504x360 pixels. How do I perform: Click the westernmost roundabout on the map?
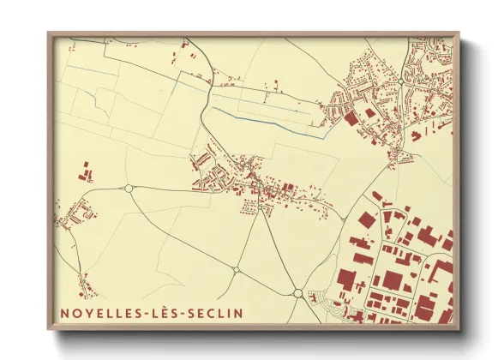pyautogui.click(x=129, y=189)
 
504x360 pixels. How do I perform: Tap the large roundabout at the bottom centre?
pyautogui.click(x=297, y=293)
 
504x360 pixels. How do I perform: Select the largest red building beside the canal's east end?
pyautogui.click(x=351, y=119)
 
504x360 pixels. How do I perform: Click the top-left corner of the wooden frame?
pyautogui.click(x=50, y=35)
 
